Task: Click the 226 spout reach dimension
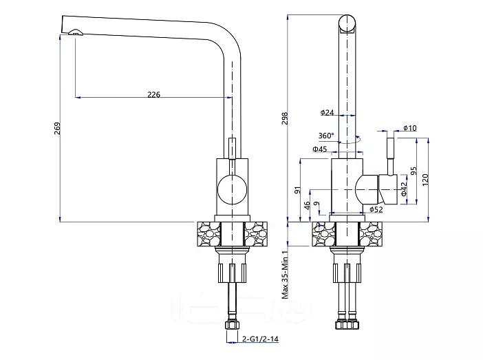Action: point(153,94)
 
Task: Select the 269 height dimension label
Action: point(58,128)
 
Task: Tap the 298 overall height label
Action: point(285,118)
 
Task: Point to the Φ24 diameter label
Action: point(327,112)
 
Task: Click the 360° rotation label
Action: point(326,136)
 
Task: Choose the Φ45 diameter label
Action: point(320,149)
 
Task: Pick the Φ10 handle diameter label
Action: point(410,128)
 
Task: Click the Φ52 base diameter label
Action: point(376,209)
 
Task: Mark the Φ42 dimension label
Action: point(404,189)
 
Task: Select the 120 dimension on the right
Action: point(425,180)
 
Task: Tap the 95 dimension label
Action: point(414,171)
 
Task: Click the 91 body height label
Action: point(297,190)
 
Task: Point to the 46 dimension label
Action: point(307,206)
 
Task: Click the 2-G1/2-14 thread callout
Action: point(260,339)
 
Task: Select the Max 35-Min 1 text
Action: point(286,274)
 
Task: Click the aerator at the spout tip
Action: point(76,32)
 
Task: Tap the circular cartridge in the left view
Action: point(232,189)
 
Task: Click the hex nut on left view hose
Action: point(232,325)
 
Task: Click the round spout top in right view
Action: point(347,23)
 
